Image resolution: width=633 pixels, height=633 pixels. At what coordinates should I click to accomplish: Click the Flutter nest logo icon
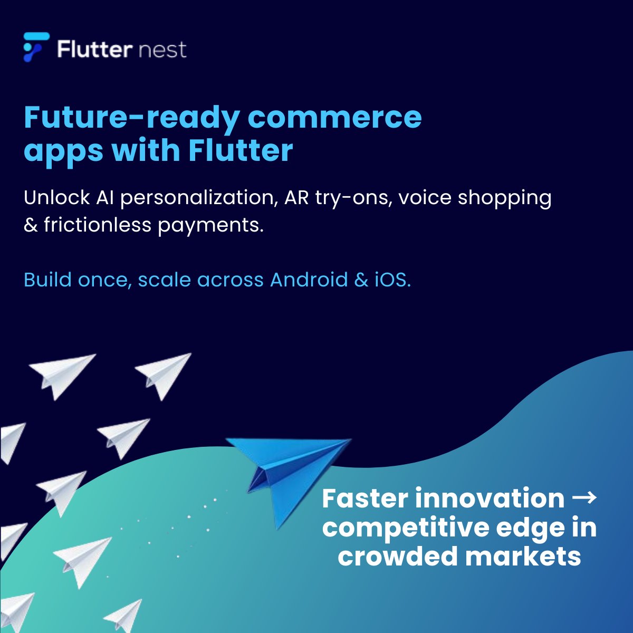point(36,47)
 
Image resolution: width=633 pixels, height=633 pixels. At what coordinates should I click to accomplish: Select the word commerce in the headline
point(335,118)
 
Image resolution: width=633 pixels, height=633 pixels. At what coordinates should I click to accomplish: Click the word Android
point(309,280)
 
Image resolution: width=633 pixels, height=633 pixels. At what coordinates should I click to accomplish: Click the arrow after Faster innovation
point(584,498)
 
